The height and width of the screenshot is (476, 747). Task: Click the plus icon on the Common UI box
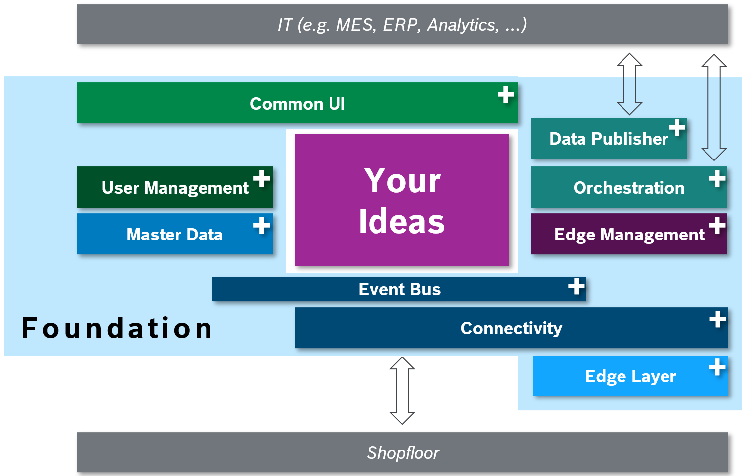point(505,94)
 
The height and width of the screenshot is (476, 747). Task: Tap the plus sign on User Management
point(261,178)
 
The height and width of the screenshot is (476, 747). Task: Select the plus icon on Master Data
point(261,225)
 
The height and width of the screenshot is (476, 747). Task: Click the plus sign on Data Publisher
point(677,127)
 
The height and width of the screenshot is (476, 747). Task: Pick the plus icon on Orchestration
point(717,178)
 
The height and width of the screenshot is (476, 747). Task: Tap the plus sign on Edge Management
point(717,225)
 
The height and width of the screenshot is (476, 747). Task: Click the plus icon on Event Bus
point(576,286)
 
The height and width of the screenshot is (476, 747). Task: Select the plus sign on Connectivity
point(717,319)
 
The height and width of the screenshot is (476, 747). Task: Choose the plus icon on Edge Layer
point(717,367)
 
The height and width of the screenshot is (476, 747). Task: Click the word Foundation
point(117,328)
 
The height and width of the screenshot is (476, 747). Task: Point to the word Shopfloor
point(403,453)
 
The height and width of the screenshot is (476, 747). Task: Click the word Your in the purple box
point(402,181)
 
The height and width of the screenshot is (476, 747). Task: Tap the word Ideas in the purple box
point(402,222)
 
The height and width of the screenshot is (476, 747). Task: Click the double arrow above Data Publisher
point(629,84)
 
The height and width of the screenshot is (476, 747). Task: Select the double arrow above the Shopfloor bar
point(402,391)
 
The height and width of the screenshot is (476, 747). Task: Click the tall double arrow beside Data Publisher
point(714,107)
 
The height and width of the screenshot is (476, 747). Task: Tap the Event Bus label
point(399,289)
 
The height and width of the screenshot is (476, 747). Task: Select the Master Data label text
point(174,235)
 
